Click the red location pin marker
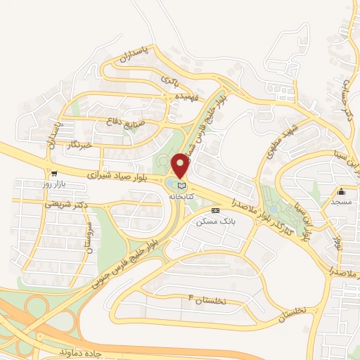pyautogui.click(x=181, y=166)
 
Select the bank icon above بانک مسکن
pyautogui.click(x=214, y=210)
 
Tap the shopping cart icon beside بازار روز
pyautogui.click(x=53, y=173)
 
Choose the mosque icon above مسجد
pyautogui.click(x=342, y=191)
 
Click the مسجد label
pyautogui.click(x=342, y=202)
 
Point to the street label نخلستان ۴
pyautogui.click(x=205, y=301)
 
